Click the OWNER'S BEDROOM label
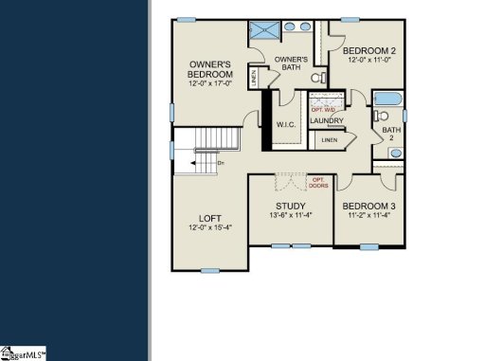(209, 69)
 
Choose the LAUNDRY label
(327, 121)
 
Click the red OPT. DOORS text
(318, 182)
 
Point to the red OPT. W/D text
(324, 111)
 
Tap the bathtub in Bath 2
(389, 99)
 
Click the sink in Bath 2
(395, 153)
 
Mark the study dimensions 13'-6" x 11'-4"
(290, 216)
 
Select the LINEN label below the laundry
(329, 140)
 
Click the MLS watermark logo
(24, 353)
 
